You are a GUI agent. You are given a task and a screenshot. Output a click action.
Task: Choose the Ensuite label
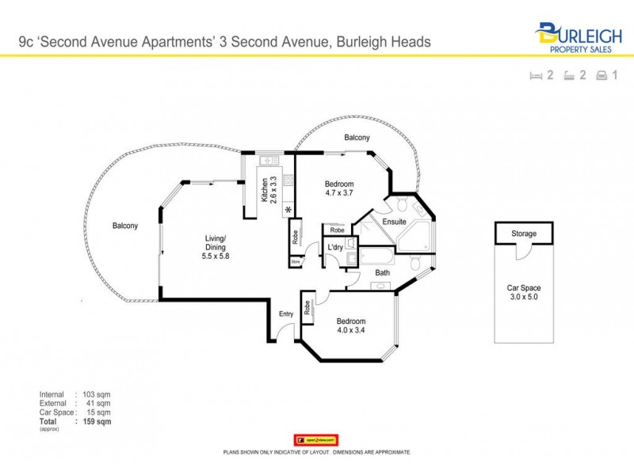[x=394, y=222]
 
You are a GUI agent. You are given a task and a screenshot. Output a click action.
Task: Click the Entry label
[x=286, y=314]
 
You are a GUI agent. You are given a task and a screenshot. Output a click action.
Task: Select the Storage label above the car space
[x=524, y=234]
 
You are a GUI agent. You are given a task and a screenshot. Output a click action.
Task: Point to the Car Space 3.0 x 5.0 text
[x=524, y=293]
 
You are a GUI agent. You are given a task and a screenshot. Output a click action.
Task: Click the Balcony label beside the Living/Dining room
[x=124, y=226]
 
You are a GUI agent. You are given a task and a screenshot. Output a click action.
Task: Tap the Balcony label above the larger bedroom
[x=357, y=138]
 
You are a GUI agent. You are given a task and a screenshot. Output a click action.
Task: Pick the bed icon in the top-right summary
[x=537, y=76]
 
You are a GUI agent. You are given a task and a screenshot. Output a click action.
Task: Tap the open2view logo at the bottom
[x=316, y=439]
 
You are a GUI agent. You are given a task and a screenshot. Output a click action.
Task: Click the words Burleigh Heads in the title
[x=384, y=41]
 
